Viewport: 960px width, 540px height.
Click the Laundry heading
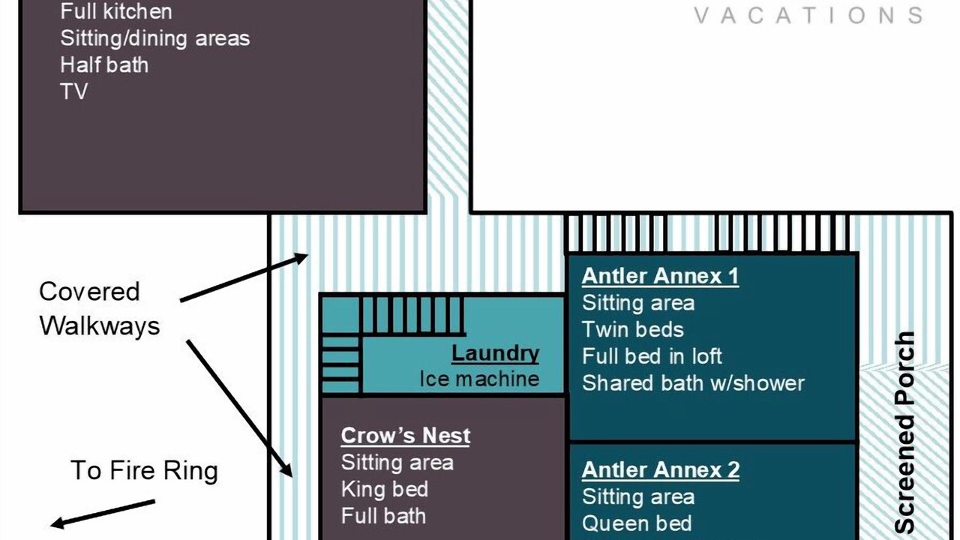tap(496, 354)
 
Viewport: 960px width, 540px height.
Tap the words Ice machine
tap(479, 379)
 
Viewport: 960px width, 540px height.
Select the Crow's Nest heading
tap(406, 436)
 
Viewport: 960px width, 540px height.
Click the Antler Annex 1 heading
tap(660, 275)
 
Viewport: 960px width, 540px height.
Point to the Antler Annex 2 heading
tap(661, 469)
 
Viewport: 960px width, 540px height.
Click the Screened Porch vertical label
tap(905, 433)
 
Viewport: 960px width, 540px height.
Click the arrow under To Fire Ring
tap(103, 514)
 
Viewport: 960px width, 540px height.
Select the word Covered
tap(89, 292)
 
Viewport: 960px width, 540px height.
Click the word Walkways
tap(100, 326)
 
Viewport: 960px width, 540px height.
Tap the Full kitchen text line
tap(116, 11)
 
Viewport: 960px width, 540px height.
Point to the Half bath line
tap(104, 65)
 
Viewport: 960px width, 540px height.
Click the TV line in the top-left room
tap(74, 91)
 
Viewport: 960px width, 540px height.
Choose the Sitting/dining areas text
tap(155, 38)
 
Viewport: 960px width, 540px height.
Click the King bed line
tap(385, 490)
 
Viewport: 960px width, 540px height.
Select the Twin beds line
tap(632, 329)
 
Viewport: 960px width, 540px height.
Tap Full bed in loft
tap(652, 356)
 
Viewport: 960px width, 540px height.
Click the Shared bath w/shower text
tap(693, 383)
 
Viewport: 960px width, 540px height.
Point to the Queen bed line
tap(637, 523)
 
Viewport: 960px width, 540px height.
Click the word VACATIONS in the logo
tap(808, 16)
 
